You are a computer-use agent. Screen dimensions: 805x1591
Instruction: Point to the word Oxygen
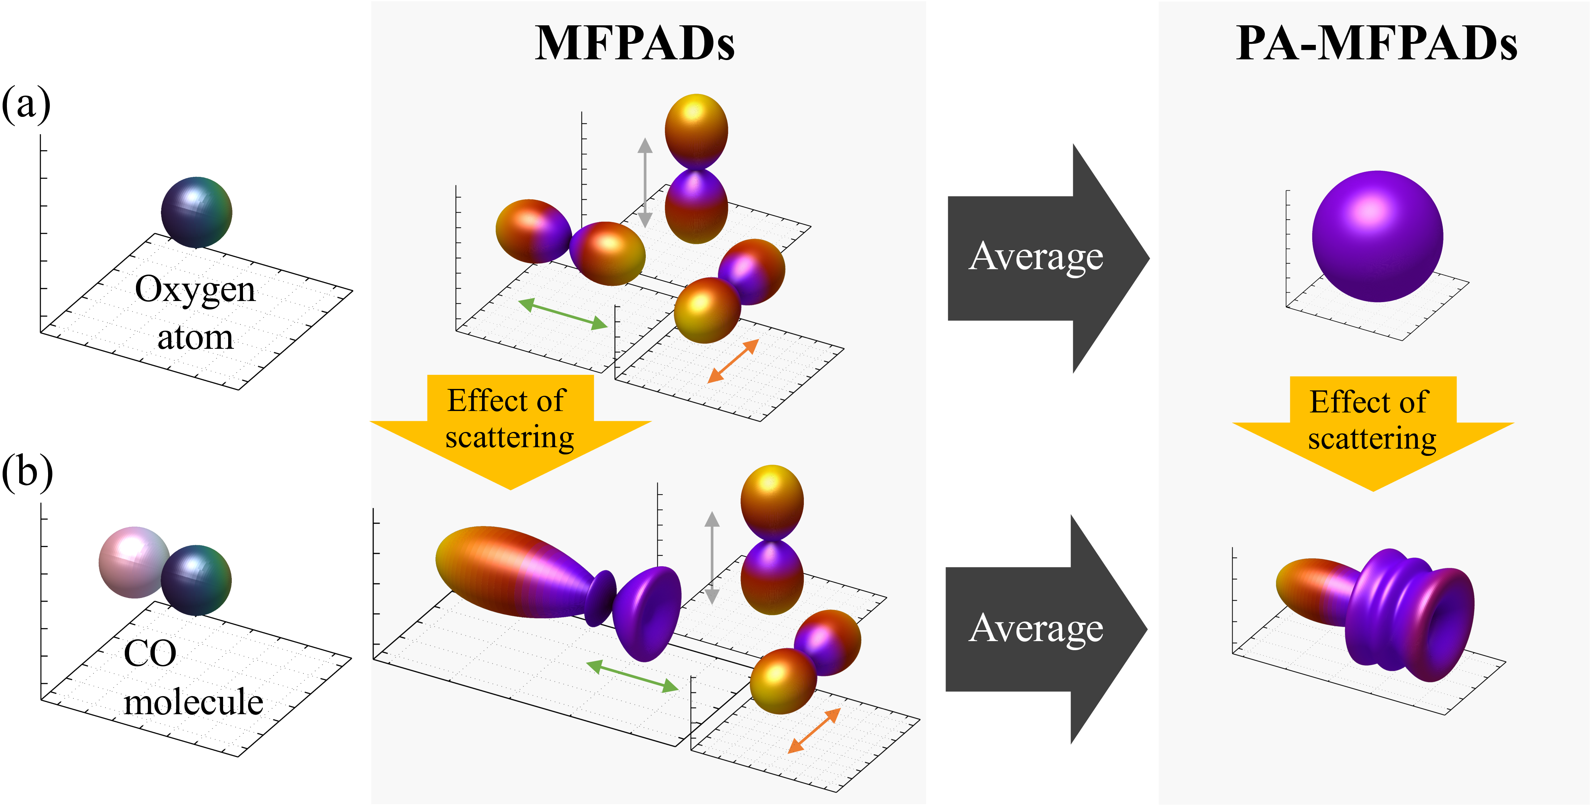(195, 289)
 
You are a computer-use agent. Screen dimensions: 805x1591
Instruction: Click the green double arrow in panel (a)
(563, 314)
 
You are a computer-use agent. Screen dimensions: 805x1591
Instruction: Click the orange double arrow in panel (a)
(733, 361)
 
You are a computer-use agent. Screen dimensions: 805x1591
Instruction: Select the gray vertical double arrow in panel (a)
(645, 182)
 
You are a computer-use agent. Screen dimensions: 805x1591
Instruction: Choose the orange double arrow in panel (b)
(814, 731)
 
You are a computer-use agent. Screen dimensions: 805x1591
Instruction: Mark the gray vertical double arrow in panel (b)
(712, 557)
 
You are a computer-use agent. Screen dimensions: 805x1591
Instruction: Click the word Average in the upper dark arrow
(1036, 257)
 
